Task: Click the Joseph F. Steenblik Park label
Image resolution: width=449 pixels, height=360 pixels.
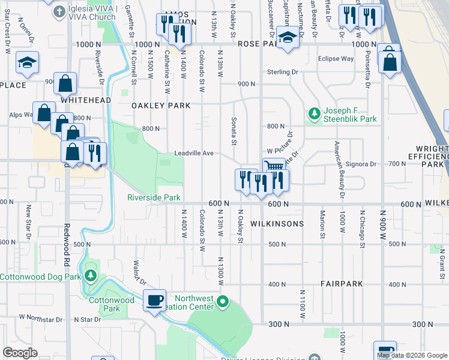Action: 351,115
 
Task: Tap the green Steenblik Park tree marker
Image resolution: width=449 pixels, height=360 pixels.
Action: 313,113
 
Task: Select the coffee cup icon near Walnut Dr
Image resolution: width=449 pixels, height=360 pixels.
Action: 155,299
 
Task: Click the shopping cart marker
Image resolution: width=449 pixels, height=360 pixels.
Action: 274,167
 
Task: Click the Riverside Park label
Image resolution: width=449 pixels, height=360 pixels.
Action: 154,197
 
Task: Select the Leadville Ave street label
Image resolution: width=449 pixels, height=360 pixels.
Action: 194,154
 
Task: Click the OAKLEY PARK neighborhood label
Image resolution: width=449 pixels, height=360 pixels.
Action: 161,106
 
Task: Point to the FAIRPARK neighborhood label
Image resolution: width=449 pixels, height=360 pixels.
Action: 340,283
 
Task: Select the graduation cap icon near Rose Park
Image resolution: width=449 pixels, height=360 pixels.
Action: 288,39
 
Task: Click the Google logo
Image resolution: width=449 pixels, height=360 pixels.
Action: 20,353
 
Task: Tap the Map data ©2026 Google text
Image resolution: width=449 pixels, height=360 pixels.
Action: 412,355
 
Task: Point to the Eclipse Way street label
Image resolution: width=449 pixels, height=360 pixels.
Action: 336,59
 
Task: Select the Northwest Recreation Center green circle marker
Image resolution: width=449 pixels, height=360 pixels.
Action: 223,301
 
